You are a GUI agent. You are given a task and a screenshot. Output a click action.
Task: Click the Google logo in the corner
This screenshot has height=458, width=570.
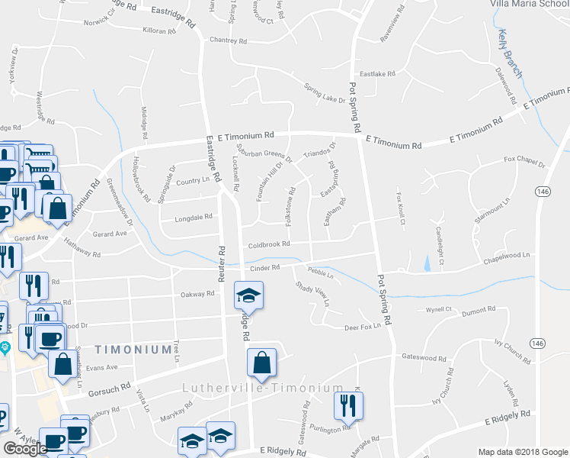(24, 450)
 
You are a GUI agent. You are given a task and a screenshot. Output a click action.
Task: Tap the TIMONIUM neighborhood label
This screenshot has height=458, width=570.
(133, 350)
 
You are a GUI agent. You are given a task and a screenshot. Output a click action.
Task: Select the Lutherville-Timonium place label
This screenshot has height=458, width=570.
(263, 388)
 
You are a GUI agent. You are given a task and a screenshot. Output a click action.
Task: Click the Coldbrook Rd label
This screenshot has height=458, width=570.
(269, 245)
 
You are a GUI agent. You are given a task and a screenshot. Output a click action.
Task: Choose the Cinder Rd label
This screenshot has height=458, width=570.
(265, 268)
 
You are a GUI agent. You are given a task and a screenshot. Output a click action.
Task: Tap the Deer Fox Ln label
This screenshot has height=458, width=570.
(362, 327)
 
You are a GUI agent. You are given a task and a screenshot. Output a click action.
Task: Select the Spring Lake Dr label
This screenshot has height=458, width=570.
(325, 92)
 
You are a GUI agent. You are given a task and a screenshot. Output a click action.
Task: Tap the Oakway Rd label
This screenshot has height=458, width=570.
(197, 293)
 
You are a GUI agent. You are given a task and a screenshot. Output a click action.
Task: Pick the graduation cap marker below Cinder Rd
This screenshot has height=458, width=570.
(248, 295)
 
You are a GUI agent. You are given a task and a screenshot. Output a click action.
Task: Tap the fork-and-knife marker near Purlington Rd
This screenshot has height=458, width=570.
(349, 406)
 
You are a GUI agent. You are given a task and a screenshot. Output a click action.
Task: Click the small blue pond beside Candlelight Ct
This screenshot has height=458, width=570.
(427, 263)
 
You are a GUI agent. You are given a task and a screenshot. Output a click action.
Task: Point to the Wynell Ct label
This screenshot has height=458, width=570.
(439, 310)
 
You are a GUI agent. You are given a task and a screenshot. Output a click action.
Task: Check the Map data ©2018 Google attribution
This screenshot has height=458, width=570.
(522, 452)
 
